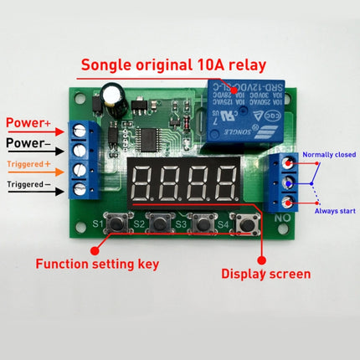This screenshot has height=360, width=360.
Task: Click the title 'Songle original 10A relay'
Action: click(179, 64)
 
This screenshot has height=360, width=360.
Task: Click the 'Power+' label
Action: click(29, 124)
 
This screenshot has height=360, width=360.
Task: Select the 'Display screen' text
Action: click(265, 272)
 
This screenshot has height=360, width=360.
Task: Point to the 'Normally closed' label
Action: click(328, 153)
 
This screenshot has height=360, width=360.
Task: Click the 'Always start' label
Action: click(334, 211)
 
